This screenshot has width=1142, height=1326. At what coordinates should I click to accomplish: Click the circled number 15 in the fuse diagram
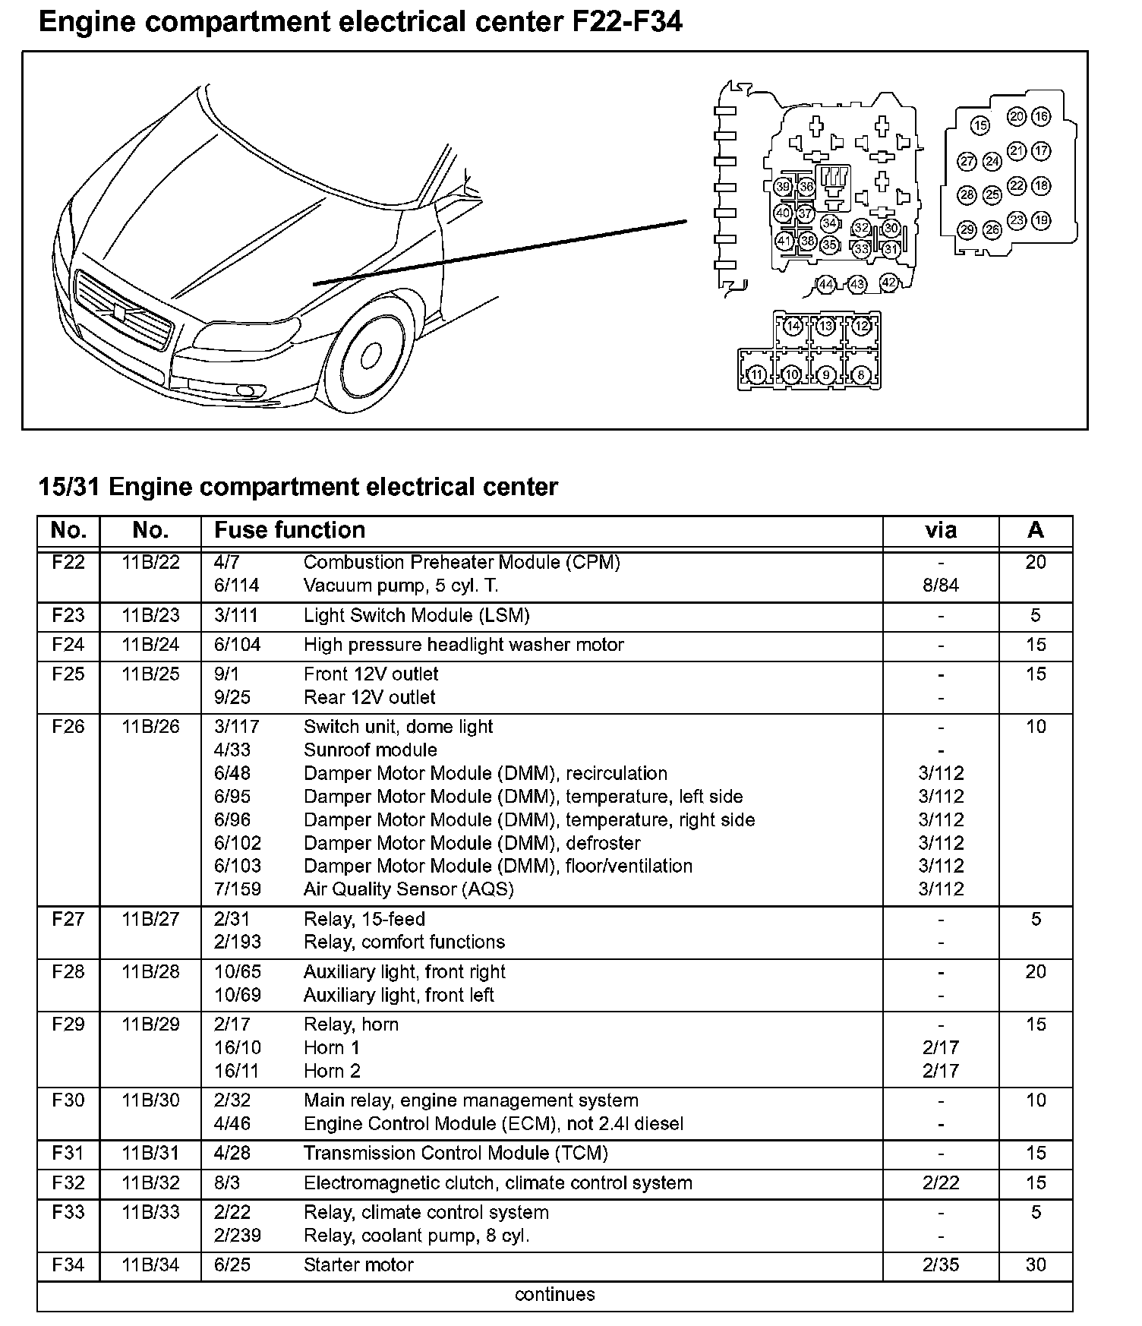(x=980, y=125)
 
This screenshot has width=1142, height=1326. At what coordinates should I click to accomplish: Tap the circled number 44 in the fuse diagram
(x=825, y=285)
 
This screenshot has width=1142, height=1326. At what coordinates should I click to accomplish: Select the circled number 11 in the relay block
(x=756, y=374)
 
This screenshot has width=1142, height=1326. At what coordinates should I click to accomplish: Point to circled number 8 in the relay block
(x=860, y=374)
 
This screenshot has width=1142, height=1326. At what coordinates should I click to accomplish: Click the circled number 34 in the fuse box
(x=829, y=223)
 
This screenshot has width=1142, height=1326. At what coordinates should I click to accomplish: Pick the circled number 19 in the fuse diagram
(x=1041, y=221)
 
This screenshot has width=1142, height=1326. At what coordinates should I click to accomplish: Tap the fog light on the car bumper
(x=246, y=390)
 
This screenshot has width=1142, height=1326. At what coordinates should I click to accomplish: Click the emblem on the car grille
(x=120, y=312)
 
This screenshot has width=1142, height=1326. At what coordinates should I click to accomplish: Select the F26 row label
(x=68, y=727)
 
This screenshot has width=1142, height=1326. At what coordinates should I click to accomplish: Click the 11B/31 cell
(x=150, y=1153)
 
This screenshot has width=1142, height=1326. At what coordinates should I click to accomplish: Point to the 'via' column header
(x=940, y=530)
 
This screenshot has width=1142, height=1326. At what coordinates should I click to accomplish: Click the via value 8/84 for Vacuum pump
(x=940, y=586)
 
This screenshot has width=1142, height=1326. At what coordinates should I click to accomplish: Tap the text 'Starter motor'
(x=358, y=1264)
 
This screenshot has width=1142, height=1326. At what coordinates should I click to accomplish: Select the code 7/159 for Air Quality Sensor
(x=238, y=889)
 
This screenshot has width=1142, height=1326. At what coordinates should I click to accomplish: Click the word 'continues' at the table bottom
(x=554, y=1294)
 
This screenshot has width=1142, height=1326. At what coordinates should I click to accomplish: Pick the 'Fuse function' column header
(x=289, y=530)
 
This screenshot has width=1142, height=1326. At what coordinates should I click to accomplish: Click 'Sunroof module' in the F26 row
(x=370, y=750)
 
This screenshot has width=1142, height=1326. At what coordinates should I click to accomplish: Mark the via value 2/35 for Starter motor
(x=940, y=1264)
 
